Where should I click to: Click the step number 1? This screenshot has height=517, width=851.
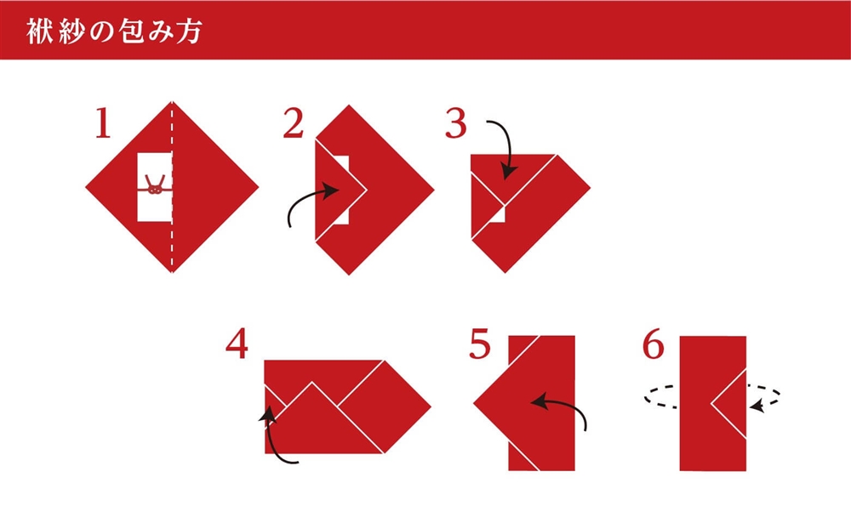point(103,122)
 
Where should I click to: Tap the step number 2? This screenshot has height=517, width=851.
point(293,122)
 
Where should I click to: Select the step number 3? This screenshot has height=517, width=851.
point(456,122)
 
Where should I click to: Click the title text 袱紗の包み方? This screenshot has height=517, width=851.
point(115,31)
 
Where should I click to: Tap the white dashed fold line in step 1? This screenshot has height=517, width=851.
point(172,186)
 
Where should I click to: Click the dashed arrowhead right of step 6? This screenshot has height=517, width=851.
point(757,406)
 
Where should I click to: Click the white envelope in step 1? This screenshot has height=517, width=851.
point(155,187)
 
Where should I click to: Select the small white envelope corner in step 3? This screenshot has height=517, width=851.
point(498,215)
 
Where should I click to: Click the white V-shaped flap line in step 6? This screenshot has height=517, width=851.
point(728,404)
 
